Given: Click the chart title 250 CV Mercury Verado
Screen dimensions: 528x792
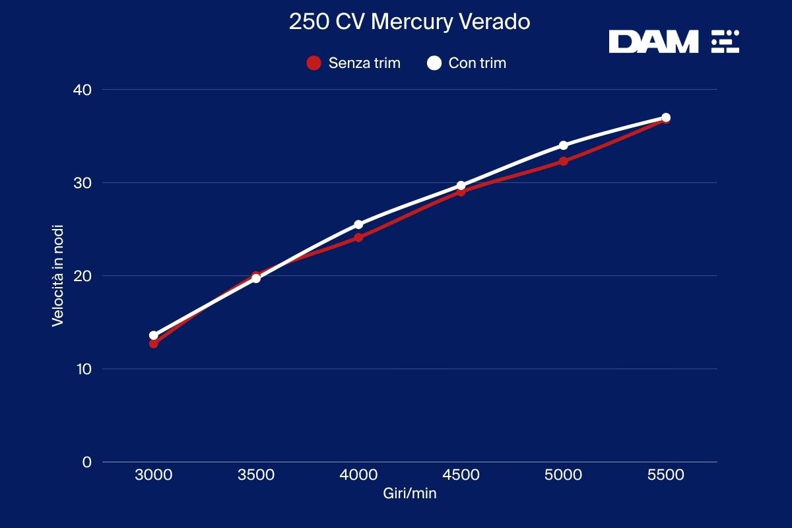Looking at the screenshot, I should (x=409, y=22).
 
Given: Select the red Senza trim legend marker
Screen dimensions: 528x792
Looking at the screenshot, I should (x=313, y=63).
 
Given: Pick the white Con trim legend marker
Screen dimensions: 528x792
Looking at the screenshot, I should (x=434, y=63).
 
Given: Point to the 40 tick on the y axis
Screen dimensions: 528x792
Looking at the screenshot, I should (x=83, y=89).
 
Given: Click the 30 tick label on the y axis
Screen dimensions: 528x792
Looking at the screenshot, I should (x=83, y=182).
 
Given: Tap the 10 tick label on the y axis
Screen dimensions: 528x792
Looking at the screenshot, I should (x=83, y=368).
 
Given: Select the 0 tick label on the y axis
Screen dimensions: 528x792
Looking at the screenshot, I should (x=86, y=461).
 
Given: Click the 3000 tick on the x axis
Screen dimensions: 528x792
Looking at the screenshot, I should (x=154, y=475).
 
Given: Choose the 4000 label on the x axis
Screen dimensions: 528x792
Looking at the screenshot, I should (x=358, y=475).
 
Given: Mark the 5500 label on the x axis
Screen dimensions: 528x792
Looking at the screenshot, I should (x=665, y=475).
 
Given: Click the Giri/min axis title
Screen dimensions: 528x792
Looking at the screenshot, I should (x=409, y=494).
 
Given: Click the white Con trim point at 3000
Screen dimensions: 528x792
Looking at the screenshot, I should (x=154, y=335).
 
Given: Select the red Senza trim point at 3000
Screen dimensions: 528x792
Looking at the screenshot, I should (x=154, y=344).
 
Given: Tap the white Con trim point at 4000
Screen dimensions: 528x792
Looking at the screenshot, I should (x=358, y=224).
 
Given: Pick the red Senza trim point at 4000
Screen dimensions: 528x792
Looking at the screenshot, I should (x=358, y=238).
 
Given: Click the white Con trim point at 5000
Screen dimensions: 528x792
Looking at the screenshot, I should (x=563, y=145).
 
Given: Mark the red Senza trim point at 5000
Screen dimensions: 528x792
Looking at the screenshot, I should (x=563, y=161).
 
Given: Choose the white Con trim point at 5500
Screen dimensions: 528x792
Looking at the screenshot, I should (x=666, y=117).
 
